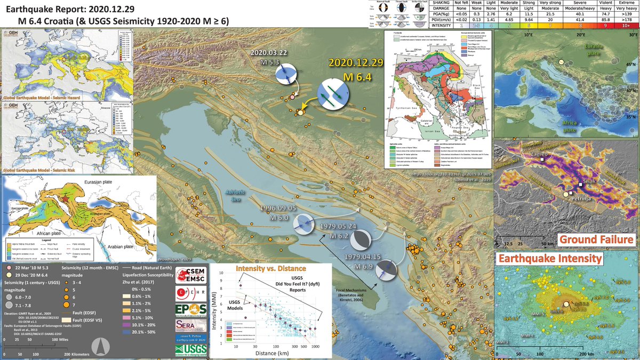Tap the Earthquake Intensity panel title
click(x=549, y=259)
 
